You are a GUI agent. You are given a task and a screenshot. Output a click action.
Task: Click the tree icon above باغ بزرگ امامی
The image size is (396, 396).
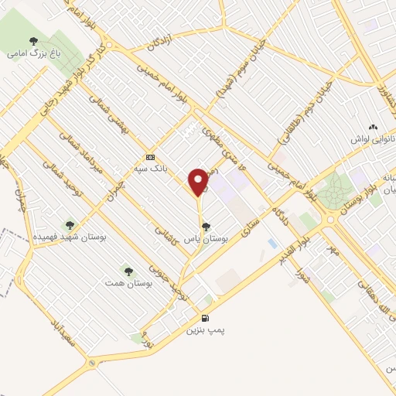tap(32, 41)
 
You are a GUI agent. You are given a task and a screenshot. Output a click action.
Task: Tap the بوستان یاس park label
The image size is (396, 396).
tap(204, 240)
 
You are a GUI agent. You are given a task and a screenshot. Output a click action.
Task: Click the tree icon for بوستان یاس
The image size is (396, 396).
tap(205, 227)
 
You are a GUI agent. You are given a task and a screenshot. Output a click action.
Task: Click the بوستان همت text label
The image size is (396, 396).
tap(127, 284)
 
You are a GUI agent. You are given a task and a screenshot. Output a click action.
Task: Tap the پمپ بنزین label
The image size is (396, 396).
tap(205, 330)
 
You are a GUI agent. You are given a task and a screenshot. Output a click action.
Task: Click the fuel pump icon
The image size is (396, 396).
tap(205, 317)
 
